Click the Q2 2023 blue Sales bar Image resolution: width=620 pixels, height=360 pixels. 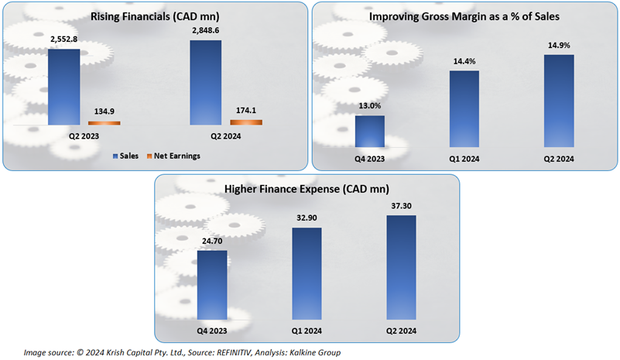(63, 87)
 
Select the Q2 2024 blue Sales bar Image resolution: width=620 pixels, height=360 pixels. (205, 82)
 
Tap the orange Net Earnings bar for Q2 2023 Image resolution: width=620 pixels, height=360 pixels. (104, 122)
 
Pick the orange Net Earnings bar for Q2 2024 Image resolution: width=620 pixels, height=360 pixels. (246, 122)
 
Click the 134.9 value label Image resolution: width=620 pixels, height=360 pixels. (104, 111)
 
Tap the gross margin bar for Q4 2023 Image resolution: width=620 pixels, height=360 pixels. (370, 131)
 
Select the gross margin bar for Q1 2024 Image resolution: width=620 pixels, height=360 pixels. (463, 108)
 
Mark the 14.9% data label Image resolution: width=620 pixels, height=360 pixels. (557, 45)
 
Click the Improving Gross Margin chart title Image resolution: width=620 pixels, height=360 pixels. (464, 15)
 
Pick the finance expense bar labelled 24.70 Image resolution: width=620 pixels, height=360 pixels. (212, 284)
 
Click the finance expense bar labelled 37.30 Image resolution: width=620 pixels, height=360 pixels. (400, 266)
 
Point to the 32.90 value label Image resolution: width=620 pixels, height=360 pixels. (307, 219)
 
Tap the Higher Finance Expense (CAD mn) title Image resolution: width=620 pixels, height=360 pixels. (307, 189)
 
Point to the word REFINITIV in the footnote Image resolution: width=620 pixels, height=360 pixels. (211, 352)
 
